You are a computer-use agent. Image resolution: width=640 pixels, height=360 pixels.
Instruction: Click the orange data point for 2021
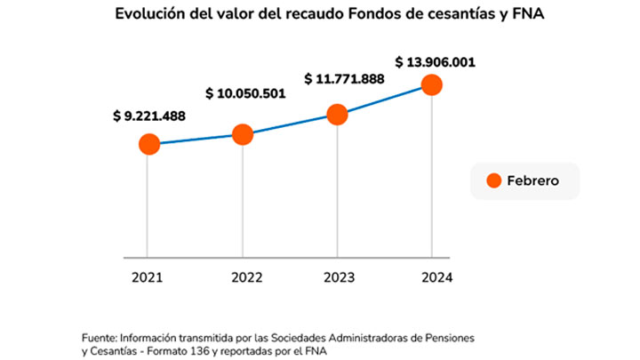coord(148,144)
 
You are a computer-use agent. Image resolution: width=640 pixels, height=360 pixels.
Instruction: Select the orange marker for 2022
coord(243,134)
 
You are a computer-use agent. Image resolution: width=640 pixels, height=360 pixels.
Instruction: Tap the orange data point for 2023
coord(337,114)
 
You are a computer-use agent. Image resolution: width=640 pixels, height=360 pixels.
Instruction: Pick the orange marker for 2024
coord(432,84)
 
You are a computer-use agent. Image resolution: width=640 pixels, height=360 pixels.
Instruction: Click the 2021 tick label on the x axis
coord(148,277)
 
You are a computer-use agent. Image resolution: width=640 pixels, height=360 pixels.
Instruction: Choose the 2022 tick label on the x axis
coord(243,277)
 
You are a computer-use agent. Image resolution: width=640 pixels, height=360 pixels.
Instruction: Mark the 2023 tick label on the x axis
coord(338,277)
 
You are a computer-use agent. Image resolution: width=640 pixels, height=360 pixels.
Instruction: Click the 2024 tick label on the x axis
coord(433,277)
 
